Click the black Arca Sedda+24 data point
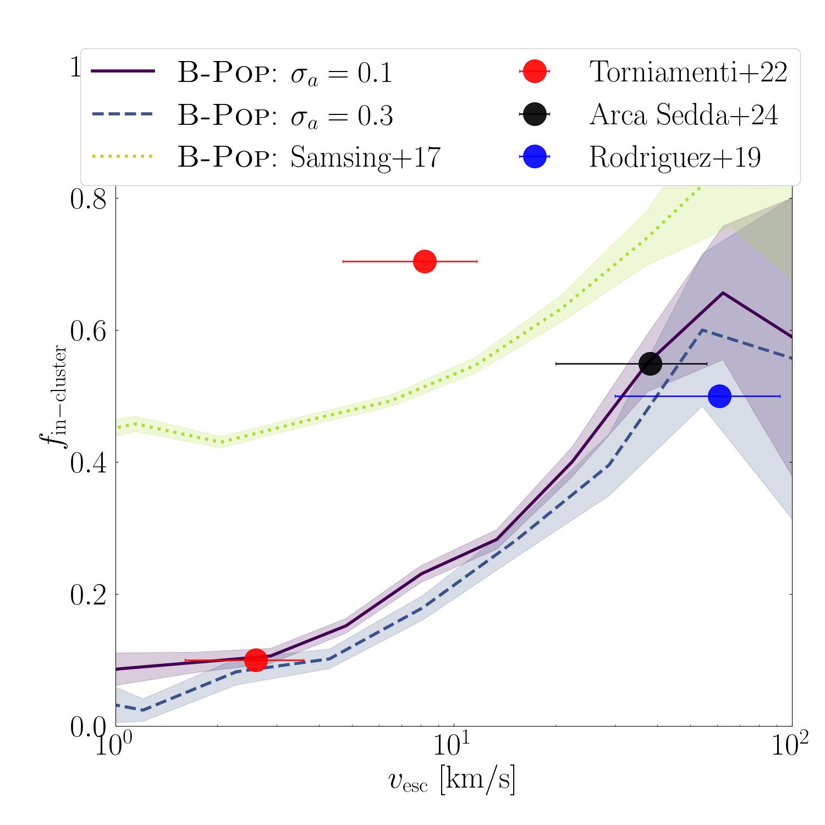click(650, 364)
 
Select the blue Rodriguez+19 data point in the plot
click(719, 396)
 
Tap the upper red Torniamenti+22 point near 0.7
click(425, 261)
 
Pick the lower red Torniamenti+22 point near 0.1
click(256, 659)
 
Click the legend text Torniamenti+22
click(688, 72)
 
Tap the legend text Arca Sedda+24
click(683, 114)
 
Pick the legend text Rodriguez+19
click(675, 157)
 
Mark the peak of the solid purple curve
click(723, 293)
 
